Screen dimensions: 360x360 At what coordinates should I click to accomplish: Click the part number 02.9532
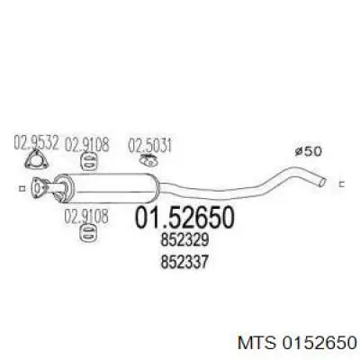pyautogui.click(x=36, y=143)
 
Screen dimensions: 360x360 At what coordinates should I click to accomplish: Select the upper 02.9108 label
pyautogui.click(x=87, y=144)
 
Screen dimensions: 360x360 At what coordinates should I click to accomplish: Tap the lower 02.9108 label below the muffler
pyautogui.click(x=86, y=217)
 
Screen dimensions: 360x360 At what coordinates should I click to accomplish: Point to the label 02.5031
pyautogui.click(x=150, y=146)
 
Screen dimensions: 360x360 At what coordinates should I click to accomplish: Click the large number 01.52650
pyautogui.click(x=184, y=217)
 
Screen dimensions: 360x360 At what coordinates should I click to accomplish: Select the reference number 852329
pyautogui.click(x=184, y=240)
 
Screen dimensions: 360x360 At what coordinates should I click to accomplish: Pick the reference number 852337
pyautogui.click(x=184, y=262)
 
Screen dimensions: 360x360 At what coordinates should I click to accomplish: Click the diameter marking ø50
pyautogui.click(x=309, y=151)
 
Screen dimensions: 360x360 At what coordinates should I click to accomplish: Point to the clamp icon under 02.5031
pyautogui.click(x=148, y=160)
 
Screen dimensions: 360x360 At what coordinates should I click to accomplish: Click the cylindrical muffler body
pyautogui.click(x=108, y=188)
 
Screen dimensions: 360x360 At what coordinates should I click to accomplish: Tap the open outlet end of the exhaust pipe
pyautogui.click(x=322, y=181)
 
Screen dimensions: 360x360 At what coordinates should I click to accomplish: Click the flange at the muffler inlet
pyautogui.click(x=40, y=187)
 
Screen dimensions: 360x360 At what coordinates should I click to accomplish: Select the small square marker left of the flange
pyautogui.click(x=22, y=188)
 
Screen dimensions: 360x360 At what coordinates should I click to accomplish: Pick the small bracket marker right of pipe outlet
pyautogui.click(x=342, y=184)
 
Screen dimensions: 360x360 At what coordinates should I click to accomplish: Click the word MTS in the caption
pyautogui.click(x=256, y=343)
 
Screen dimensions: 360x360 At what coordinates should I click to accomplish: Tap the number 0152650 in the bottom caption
pyautogui.click(x=319, y=343)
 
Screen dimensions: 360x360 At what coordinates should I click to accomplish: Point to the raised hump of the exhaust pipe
pyautogui.click(x=295, y=171)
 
